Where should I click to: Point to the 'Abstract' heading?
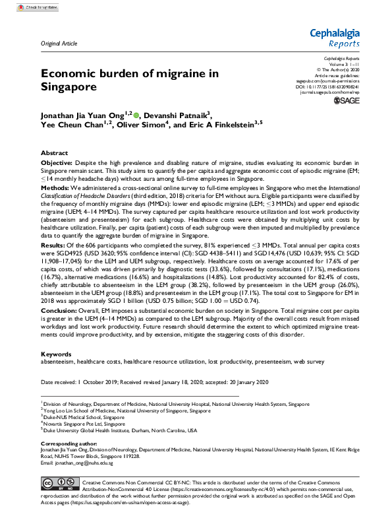coord(54,151)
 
